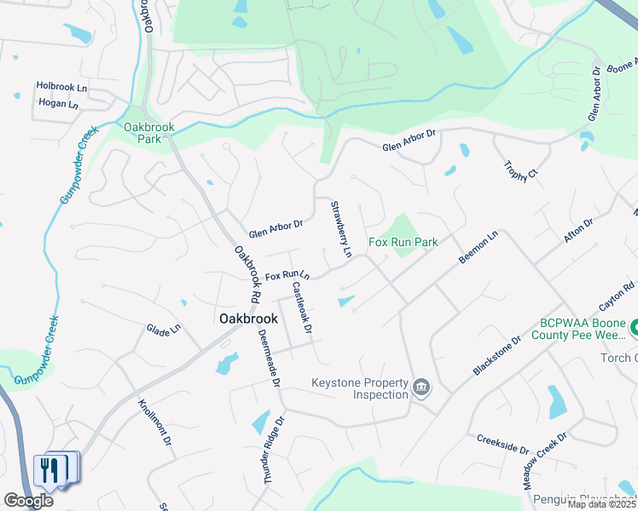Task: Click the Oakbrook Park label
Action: click(x=148, y=133)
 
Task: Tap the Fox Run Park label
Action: click(x=403, y=243)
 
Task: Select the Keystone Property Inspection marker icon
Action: click(x=421, y=388)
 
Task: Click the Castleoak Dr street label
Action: click(x=302, y=307)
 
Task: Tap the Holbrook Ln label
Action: click(x=61, y=87)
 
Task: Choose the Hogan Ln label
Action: click(x=58, y=103)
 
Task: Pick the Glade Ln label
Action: click(x=164, y=329)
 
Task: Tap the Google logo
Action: click(x=28, y=500)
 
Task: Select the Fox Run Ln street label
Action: click(x=287, y=277)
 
